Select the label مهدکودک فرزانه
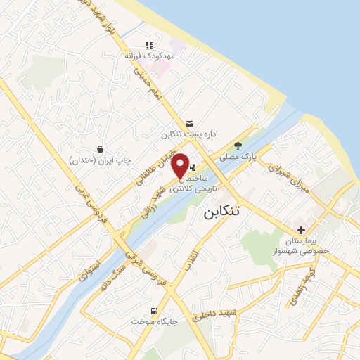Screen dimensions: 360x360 pos(148,54)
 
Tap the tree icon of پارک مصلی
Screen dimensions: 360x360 pos(239,146)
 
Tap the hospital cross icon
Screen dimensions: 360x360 pos(302,230)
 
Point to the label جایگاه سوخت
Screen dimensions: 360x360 pos(151,321)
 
